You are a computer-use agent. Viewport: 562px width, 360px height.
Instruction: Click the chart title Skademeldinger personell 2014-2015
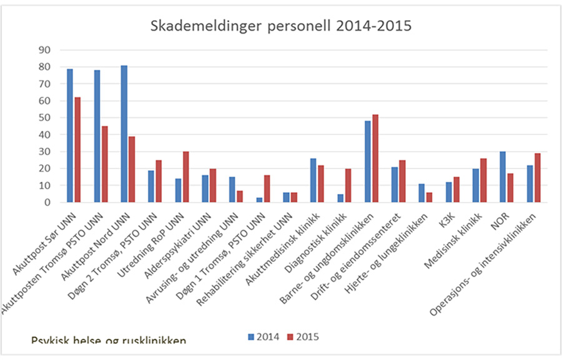tap(281, 27)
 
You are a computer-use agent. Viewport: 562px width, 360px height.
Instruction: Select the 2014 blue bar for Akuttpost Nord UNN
tap(124, 134)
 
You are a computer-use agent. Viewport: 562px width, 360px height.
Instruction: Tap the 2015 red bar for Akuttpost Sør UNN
tap(77, 150)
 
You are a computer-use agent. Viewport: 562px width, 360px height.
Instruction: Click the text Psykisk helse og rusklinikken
tap(109, 341)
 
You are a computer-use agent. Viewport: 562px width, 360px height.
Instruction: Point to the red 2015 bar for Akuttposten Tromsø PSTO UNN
tap(104, 164)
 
